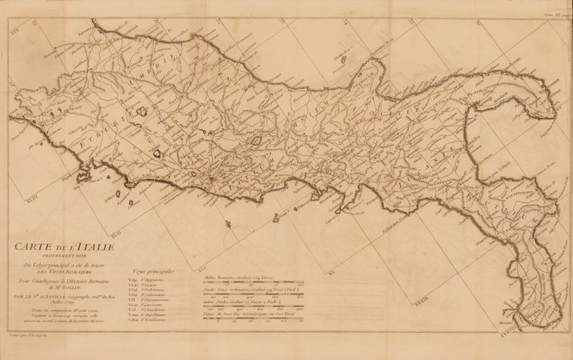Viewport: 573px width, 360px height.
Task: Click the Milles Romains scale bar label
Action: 229,276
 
